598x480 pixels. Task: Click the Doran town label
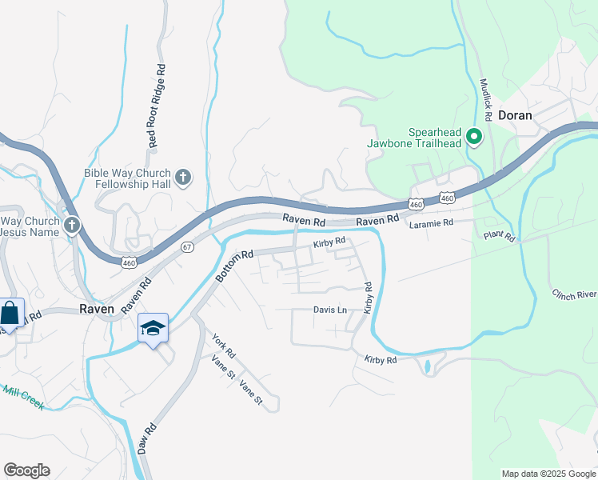point(515,115)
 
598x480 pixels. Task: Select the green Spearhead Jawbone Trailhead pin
point(473,137)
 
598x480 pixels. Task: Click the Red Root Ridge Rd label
point(155,106)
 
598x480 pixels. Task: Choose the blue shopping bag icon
point(11,313)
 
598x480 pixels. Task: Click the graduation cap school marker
point(153,327)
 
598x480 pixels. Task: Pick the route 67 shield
point(186,247)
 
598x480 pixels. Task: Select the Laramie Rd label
point(431,223)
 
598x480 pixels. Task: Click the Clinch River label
point(574,294)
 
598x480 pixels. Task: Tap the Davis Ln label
point(330,310)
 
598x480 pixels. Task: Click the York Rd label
point(224,345)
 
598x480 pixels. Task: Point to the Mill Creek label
point(22,397)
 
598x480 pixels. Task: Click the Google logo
point(26,470)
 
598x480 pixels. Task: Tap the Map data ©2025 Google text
point(548,474)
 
